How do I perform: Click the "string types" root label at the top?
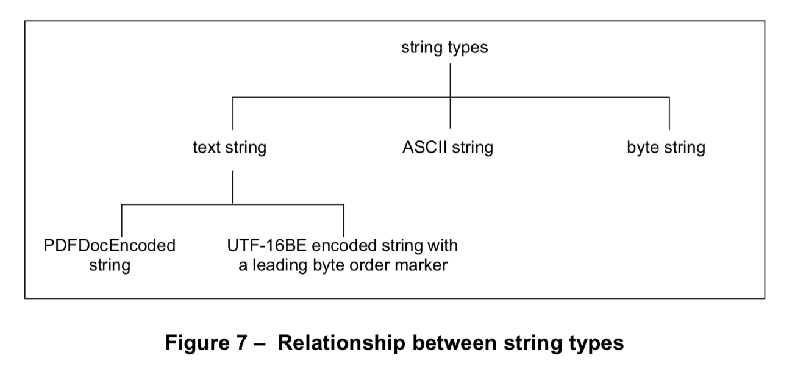(x=444, y=48)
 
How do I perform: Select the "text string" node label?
(x=229, y=148)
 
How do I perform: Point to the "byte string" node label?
(x=666, y=148)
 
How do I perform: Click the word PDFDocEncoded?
(x=110, y=246)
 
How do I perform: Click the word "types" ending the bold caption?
(x=594, y=343)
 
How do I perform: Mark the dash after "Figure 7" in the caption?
(x=259, y=343)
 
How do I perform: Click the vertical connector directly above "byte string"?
(x=669, y=113)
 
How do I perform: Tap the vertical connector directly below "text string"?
(x=232, y=187)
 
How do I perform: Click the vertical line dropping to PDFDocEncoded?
(x=122, y=221)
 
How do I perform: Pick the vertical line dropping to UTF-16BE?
(x=344, y=221)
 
